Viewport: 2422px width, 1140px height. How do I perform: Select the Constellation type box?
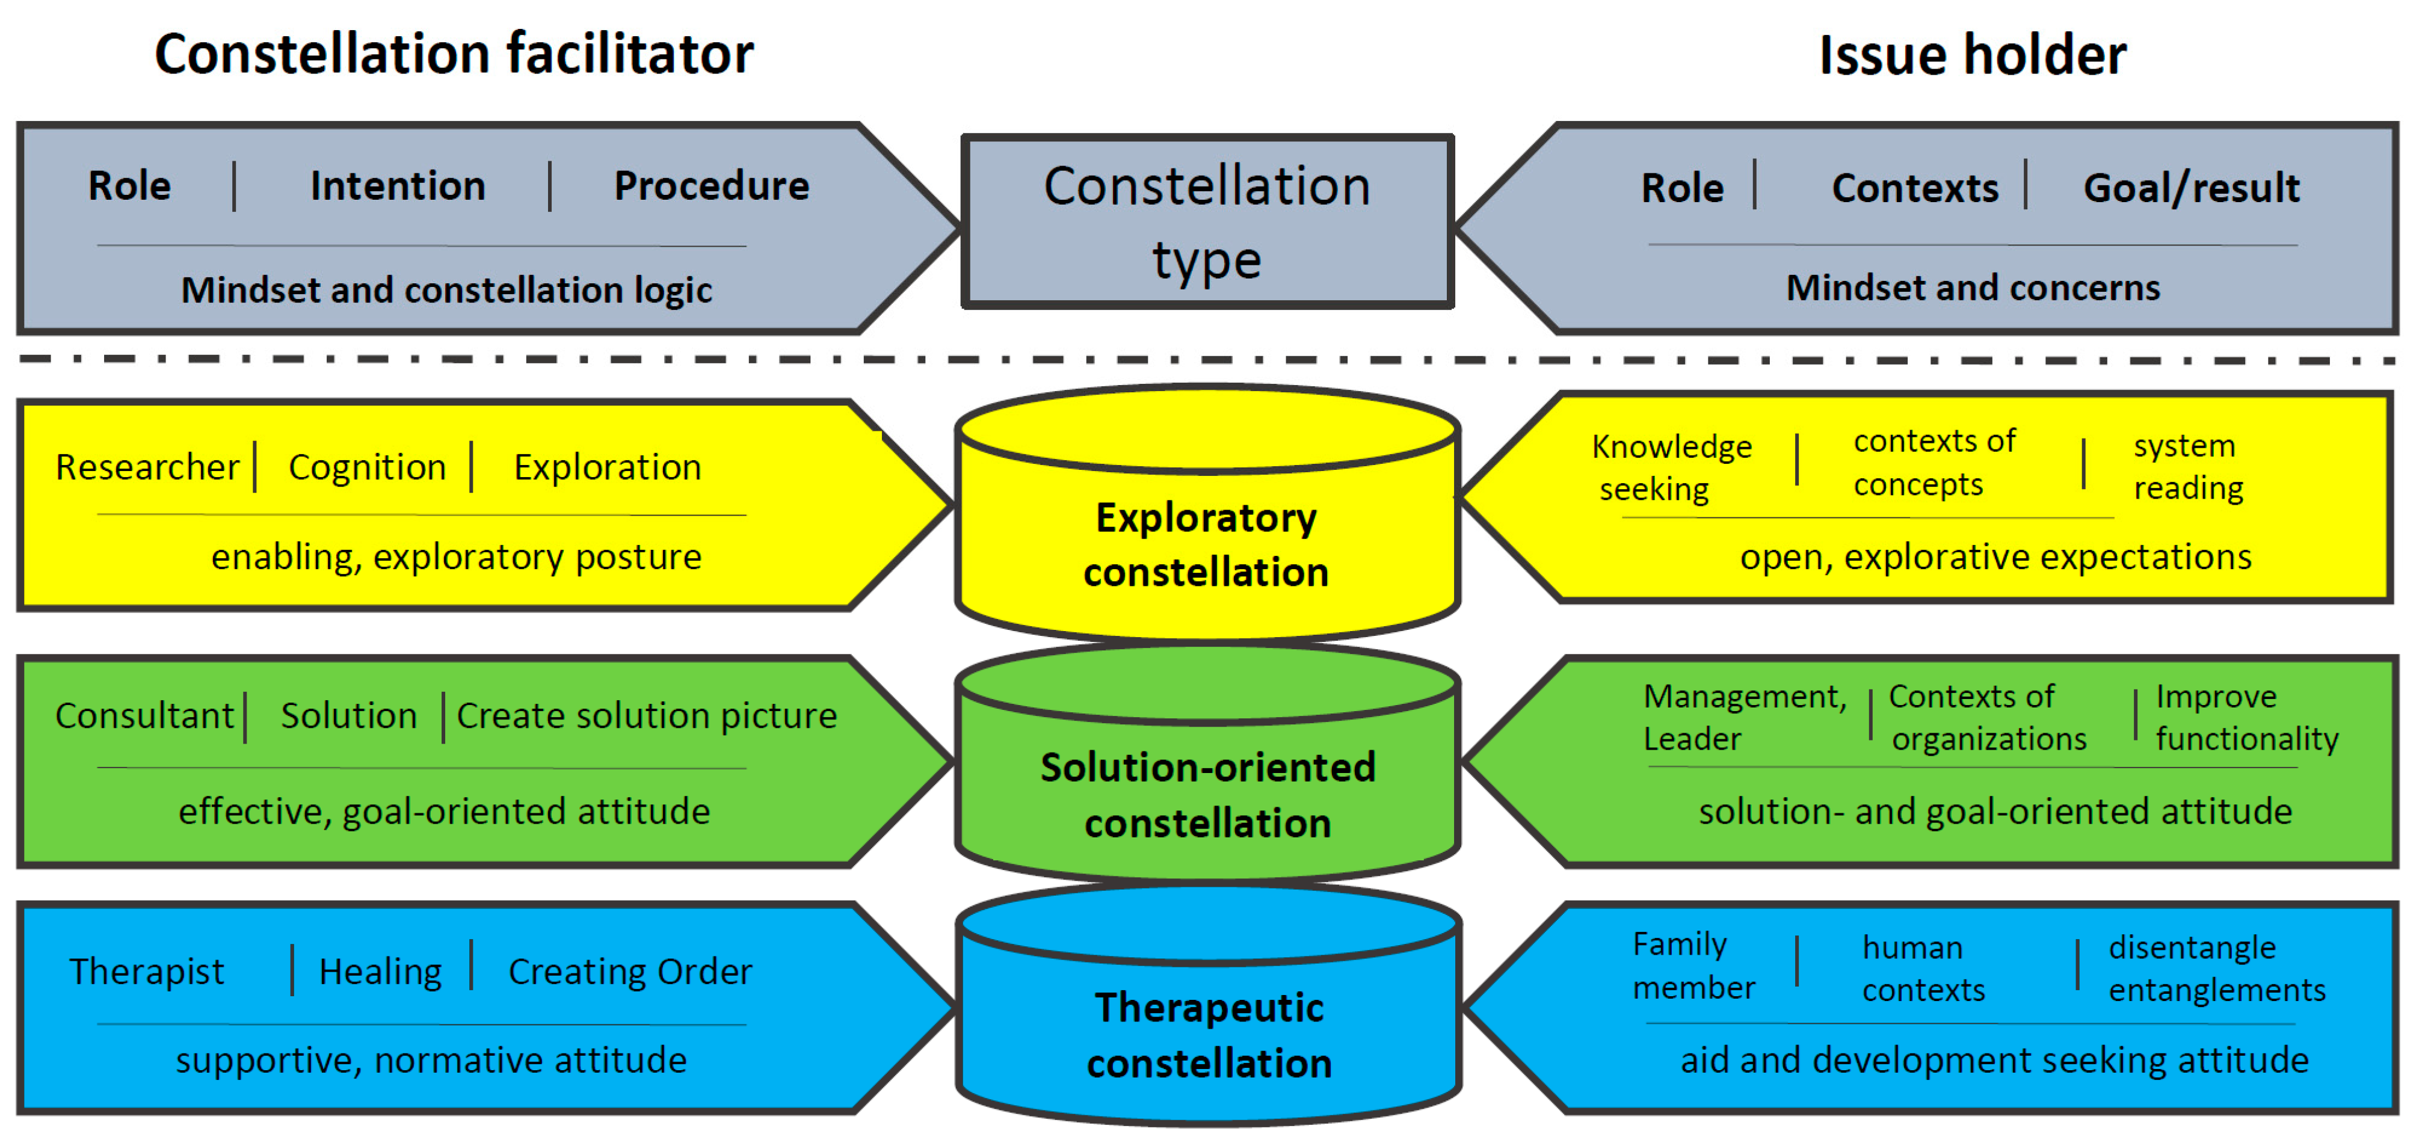click(1207, 222)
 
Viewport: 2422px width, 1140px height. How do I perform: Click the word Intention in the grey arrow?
click(398, 186)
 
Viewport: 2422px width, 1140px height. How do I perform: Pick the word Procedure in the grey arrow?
click(711, 186)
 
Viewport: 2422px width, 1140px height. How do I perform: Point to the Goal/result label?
click(2191, 188)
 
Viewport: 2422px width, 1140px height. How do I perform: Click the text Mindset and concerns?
click(1973, 288)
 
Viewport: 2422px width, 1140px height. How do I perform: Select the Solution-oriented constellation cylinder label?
click(1208, 795)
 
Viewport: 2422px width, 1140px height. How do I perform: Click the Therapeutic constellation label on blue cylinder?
click(1209, 1035)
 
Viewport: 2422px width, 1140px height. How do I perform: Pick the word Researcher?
click(147, 467)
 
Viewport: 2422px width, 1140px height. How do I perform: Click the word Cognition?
click(367, 467)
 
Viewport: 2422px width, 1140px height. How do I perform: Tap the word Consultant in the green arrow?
click(144, 716)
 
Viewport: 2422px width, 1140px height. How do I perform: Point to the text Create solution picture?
click(646, 716)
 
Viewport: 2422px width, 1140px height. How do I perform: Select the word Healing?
click(380, 972)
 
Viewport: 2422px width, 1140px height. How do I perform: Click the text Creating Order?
click(630, 972)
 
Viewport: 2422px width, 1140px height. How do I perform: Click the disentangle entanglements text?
click(2216, 968)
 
